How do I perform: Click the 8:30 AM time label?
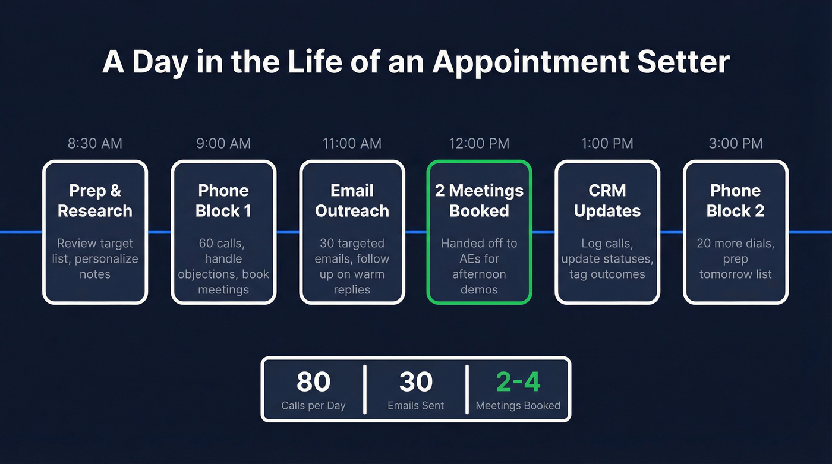95,143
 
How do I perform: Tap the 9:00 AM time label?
223,143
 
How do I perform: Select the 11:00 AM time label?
352,143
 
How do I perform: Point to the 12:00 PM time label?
479,143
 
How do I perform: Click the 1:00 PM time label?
607,143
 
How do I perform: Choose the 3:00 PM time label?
736,143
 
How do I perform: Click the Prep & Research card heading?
95,201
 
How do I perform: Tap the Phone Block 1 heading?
223,201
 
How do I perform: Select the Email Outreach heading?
352,201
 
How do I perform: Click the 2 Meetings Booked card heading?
479,201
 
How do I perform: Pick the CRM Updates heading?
607,201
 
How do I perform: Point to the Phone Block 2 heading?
736,201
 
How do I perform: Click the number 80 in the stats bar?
313,382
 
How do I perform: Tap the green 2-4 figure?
518,382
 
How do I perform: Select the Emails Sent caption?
416,406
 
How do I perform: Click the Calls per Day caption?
313,406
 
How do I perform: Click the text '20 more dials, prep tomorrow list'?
736,258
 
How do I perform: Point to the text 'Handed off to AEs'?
479,251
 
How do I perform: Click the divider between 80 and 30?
364,389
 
